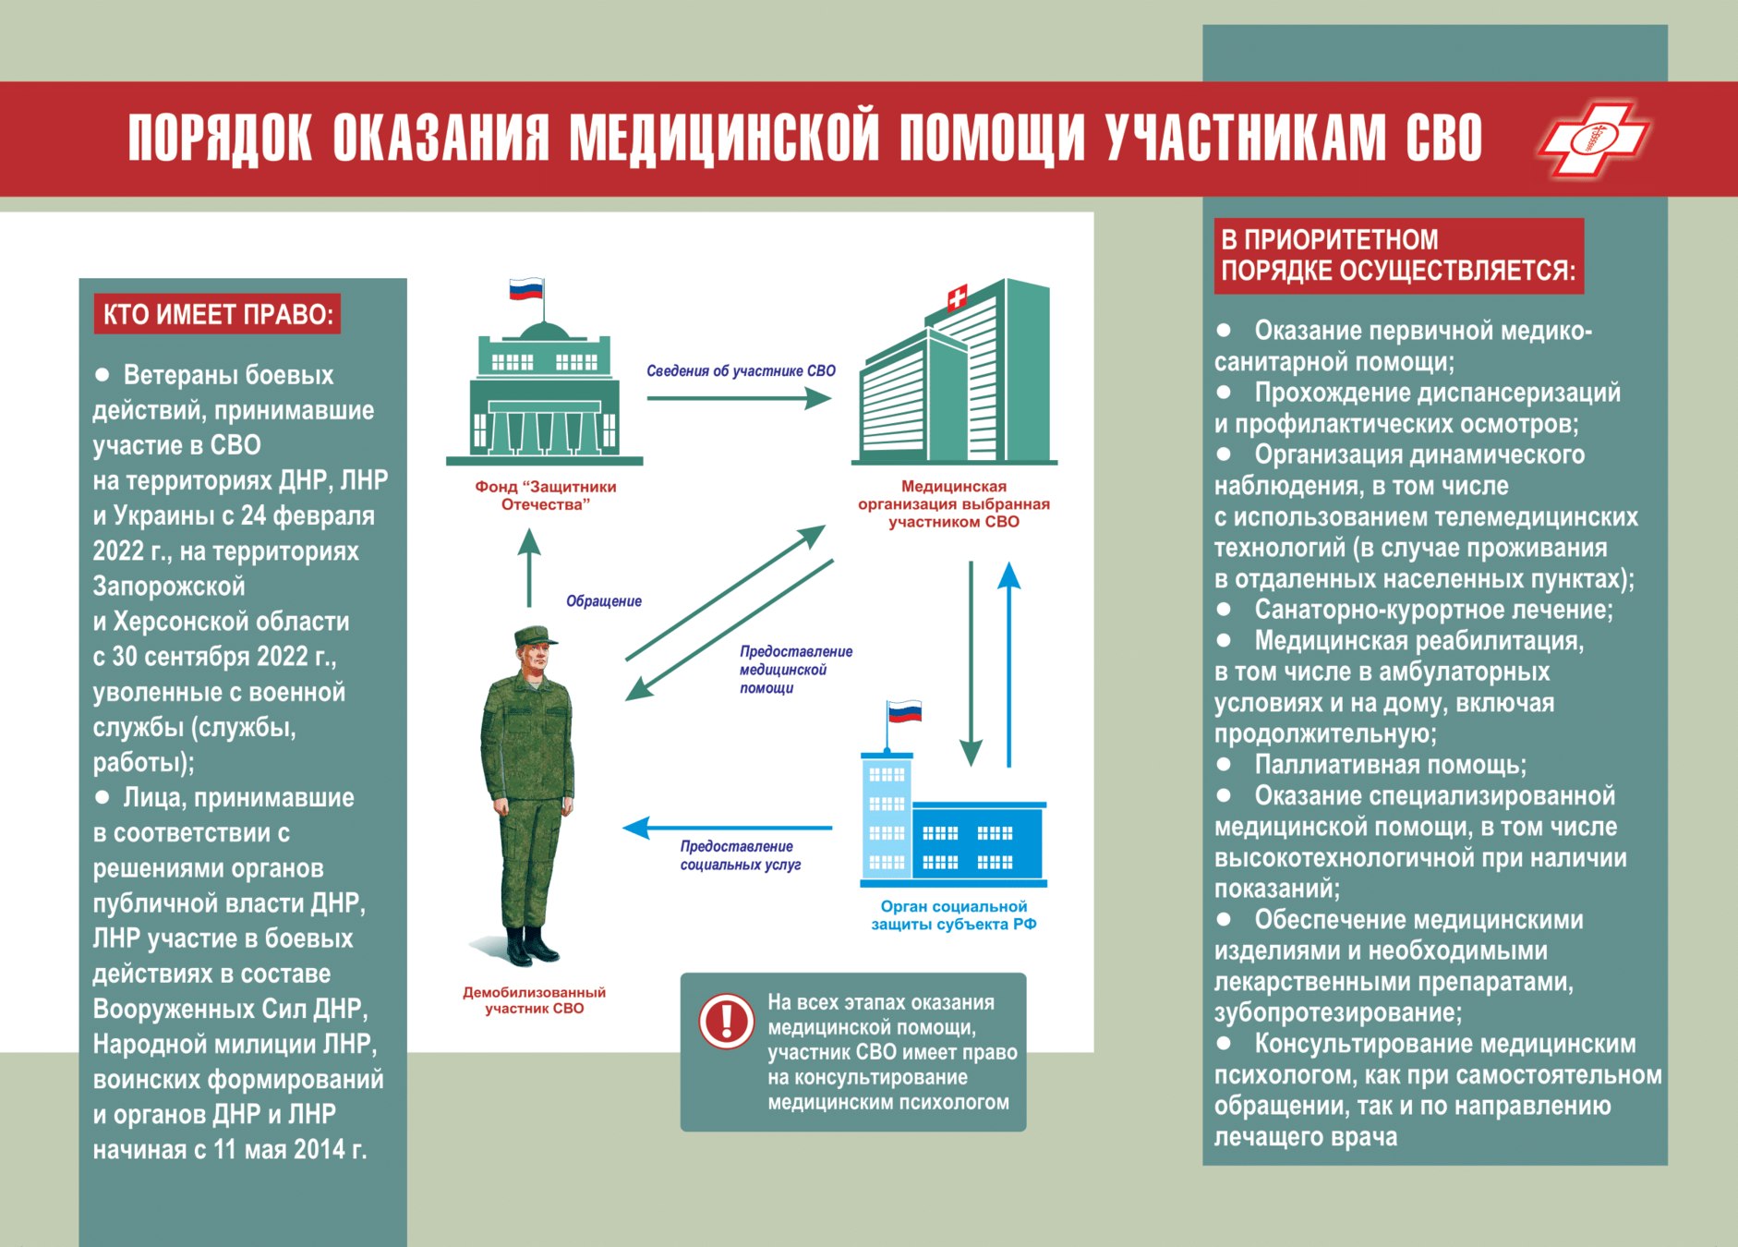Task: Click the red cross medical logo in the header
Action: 1593,139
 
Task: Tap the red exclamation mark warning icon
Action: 727,1022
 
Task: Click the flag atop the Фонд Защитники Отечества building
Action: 526,289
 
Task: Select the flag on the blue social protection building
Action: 904,711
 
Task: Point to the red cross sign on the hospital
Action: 958,297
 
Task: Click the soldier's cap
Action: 534,636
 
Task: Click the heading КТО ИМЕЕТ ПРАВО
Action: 218,314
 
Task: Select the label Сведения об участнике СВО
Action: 741,371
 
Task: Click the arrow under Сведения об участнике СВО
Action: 739,398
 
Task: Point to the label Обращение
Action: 604,601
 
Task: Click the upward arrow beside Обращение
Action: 529,567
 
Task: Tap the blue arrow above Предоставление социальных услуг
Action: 728,828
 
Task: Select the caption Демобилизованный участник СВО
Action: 535,1000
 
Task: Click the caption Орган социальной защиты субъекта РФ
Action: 954,915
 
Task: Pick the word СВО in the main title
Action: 1444,139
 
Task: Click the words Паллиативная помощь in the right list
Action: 1390,765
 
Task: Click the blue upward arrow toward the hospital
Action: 1009,665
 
